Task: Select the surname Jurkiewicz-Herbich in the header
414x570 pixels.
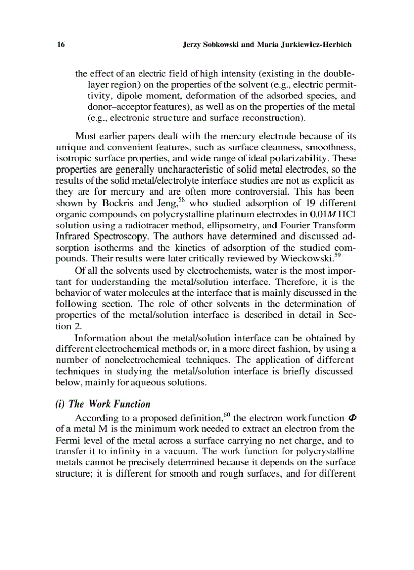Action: click(313, 45)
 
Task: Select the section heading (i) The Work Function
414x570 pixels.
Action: click(102, 404)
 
